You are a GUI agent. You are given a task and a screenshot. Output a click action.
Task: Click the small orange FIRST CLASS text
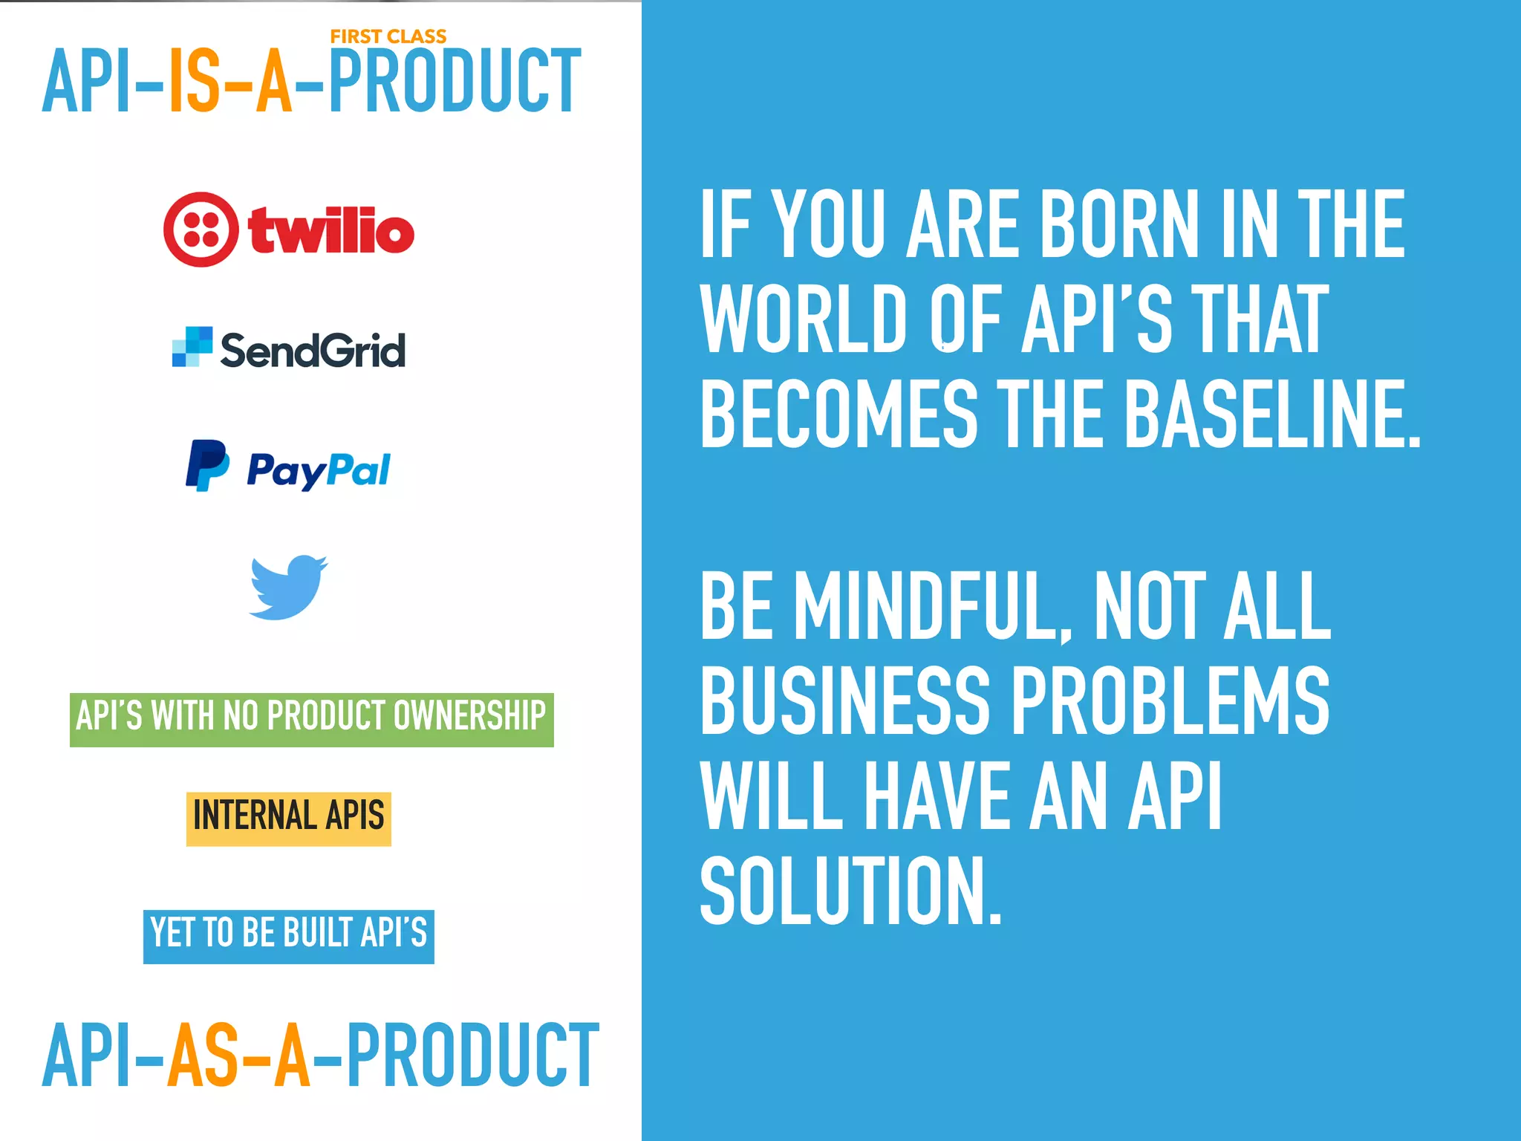coord(388,36)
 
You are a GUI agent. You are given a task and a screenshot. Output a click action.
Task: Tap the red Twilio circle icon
coord(201,230)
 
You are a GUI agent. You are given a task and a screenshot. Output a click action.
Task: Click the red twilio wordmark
coord(331,230)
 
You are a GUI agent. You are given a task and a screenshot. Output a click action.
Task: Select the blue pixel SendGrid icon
coord(192,347)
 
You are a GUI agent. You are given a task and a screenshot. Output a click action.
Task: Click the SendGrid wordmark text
coord(313,350)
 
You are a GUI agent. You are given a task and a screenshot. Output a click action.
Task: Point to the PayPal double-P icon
coord(206,465)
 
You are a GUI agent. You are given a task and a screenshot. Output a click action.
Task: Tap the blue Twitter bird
coord(287,587)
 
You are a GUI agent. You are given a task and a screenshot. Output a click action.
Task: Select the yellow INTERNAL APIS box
coord(288,818)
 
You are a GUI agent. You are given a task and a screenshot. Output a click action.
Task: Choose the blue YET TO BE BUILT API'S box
coord(288,935)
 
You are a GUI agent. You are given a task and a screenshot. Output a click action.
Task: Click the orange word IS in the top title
coord(195,82)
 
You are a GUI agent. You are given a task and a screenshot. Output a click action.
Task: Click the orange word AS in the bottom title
coord(203,1055)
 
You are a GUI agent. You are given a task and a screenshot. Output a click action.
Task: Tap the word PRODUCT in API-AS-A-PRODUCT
coord(472,1055)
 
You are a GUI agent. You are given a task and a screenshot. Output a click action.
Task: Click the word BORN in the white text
coord(1118,224)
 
